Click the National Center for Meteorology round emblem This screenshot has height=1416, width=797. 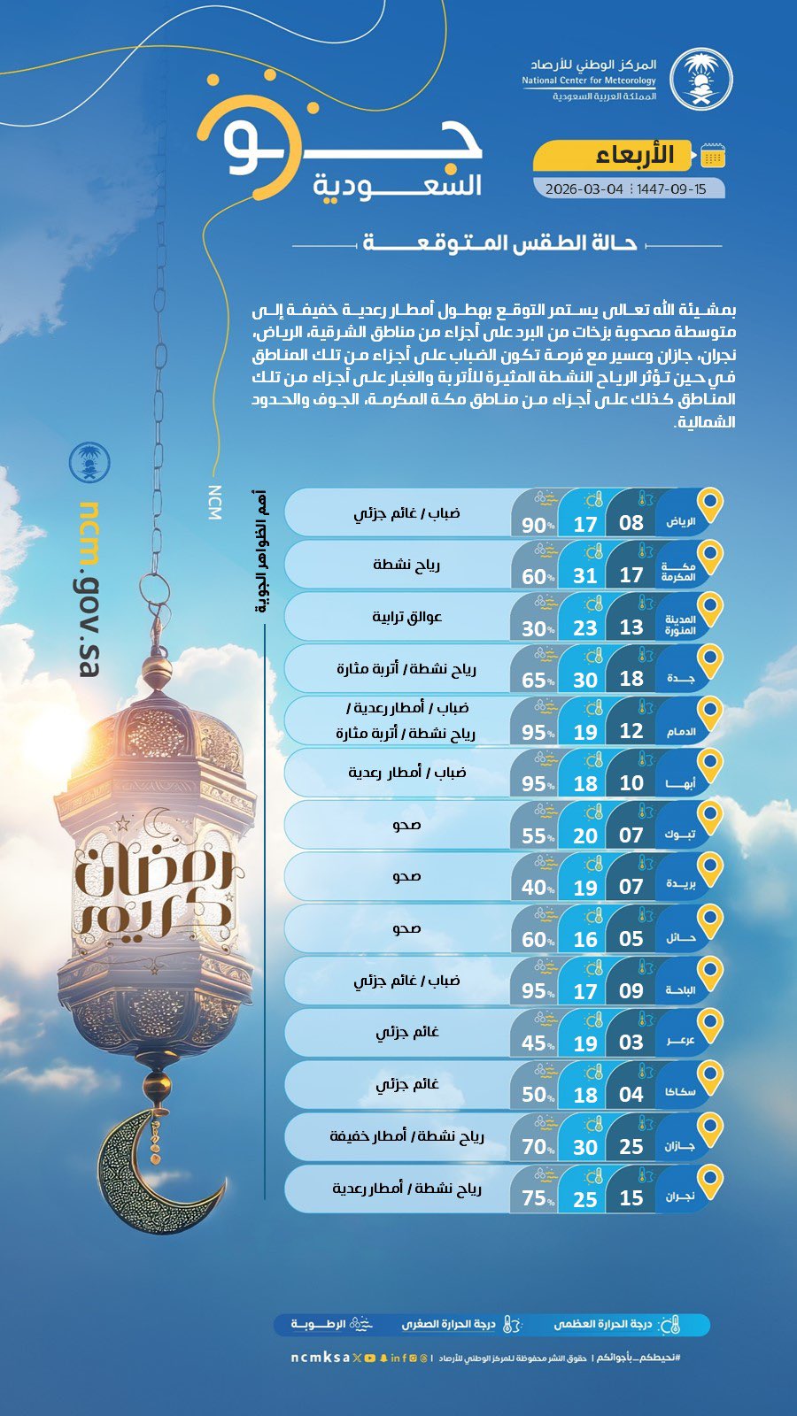pyautogui.click(x=700, y=79)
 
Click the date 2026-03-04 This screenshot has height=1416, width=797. pyautogui.click(x=584, y=189)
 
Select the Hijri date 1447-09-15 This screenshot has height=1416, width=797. pyautogui.click(x=672, y=189)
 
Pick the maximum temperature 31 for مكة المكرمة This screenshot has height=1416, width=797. pyautogui.click(x=584, y=576)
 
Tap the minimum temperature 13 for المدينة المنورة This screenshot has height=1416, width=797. pyautogui.click(x=631, y=627)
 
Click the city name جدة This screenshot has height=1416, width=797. pyautogui.click(x=678, y=679)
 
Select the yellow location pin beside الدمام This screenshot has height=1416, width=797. pyautogui.click(x=710, y=712)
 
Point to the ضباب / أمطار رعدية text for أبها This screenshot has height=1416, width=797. pyautogui.click(x=407, y=773)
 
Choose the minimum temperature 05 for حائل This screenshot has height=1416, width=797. pyautogui.click(x=631, y=939)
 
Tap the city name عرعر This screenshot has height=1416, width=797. pyautogui.click(x=680, y=1042)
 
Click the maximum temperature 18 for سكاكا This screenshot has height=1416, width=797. pyautogui.click(x=584, y=1095)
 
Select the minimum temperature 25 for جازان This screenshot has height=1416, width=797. pyautogui.click(x=631, y=1147)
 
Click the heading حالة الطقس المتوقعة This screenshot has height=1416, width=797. pyautogui.click(x=499, y=243)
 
